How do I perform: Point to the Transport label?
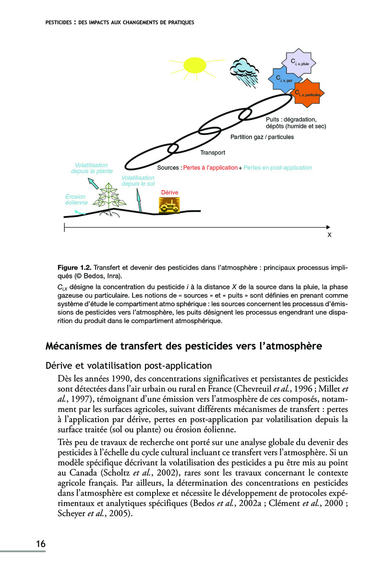tap(213, 153)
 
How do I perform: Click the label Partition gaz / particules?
tap(262, 137)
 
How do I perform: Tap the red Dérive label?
tap(169, 192)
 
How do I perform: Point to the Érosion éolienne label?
tap(75, 200)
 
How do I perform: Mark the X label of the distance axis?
tap(329, 235)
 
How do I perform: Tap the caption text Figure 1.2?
tap(74, 266)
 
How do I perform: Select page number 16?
tap(40, 544)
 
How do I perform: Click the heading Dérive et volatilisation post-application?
tap(128, 366)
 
